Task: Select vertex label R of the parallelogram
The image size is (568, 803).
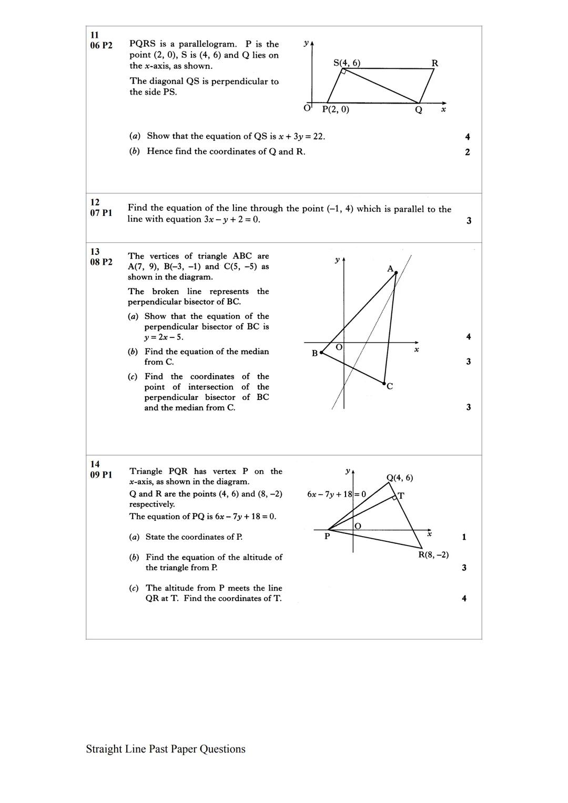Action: (434, 63)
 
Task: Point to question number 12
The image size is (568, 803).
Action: (95, 202)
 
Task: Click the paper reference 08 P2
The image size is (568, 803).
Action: (101, 262)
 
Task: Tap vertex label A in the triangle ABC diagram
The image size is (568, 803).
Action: (390, 269)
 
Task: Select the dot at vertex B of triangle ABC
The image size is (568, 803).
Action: (321, 353)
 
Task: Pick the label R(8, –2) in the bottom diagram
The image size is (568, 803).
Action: (433, 554)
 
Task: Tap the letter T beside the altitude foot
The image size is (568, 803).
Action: (401, 496)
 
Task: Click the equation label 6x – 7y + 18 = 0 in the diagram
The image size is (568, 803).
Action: (337, 494)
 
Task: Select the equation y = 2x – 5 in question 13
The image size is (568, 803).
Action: (164, 337)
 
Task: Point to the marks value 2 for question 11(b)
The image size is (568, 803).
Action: (467, 152)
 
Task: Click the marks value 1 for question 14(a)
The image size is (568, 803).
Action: (464, 537)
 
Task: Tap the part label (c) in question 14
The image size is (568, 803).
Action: (134, 588)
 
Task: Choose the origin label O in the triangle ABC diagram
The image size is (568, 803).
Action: (339, 347)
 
